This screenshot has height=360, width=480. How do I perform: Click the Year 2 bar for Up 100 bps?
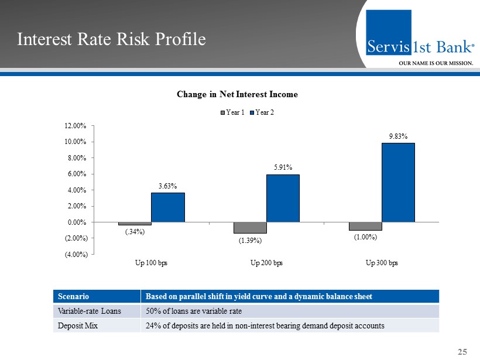(168, 207)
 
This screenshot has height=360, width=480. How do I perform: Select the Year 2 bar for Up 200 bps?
(283, 198)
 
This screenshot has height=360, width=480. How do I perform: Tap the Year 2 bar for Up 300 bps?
(398, 182)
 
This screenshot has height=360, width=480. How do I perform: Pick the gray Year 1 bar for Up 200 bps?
(250, 228)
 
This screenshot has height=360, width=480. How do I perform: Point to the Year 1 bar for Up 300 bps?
(365, 226)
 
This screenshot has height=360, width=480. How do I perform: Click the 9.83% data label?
(398, 136)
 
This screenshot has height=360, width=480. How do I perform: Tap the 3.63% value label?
(168, 186)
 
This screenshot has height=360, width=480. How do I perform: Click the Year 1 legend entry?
(232, 112)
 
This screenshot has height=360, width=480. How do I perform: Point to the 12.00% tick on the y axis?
(76, 126)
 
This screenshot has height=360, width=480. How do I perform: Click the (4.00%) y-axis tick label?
(76, 254)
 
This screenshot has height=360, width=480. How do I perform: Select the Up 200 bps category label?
(266, 263)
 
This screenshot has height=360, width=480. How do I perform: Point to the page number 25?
(462, 352)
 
